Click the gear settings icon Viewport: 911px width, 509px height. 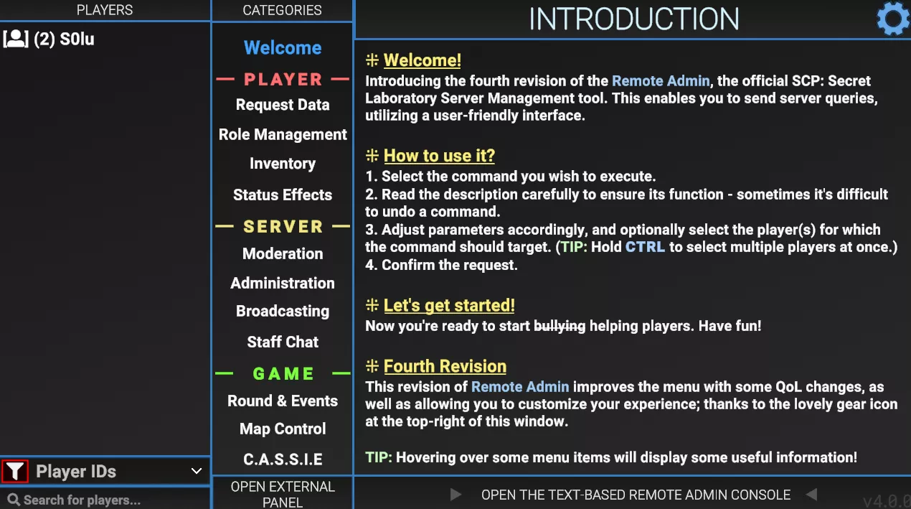point(892,19)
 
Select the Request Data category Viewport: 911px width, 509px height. point(283,105)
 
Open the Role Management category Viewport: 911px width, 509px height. point(283,135)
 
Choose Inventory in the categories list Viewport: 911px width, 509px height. point(283,164)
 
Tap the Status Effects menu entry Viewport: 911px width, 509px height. point(283,195)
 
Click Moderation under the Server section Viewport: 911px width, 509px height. point(283,253)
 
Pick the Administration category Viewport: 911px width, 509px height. point(283,283)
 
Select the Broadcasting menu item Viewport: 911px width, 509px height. point(283,311)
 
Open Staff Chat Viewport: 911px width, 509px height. point(283,342)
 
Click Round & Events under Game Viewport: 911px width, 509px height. point(283,401)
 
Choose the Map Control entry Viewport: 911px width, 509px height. point(283,429)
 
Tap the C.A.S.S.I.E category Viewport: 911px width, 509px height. point(283,459)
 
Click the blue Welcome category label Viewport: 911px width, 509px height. point(283,48)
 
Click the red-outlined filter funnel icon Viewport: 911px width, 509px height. point(15,471)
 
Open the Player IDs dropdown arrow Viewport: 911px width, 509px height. point(197,471)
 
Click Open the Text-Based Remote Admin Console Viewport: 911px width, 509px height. point(636,495)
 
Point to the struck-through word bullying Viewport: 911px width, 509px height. point(560,326)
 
